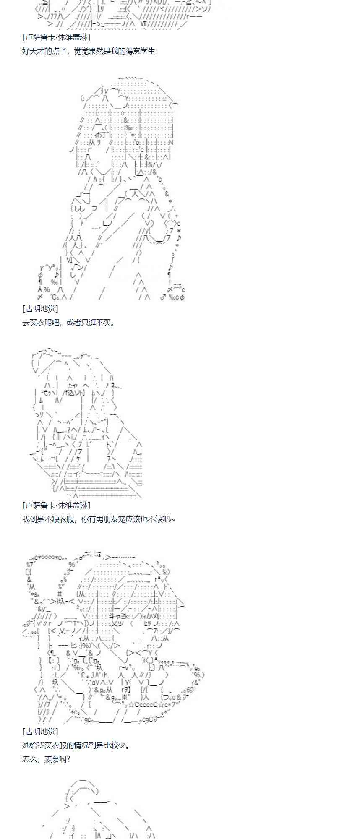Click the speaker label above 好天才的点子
[56, 37]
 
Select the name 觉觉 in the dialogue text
[81, 51]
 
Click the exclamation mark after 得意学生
[157, 51]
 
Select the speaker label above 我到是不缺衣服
[56, 505]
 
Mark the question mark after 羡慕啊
[68, 759]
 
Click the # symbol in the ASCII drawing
[60, 594]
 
